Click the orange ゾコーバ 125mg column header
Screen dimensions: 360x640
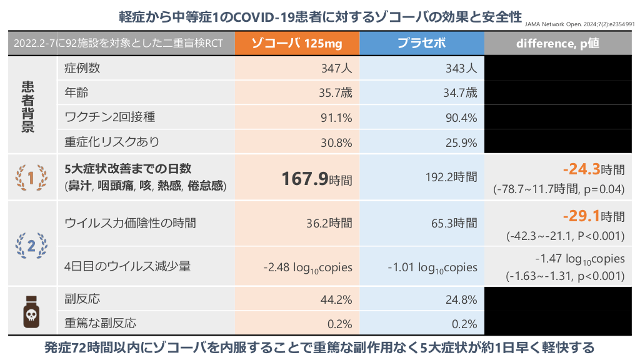click(297, 43)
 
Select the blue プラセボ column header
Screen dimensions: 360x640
click(422, 43)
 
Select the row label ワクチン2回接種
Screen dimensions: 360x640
click(101, 117)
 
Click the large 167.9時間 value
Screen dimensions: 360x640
click(316, 179)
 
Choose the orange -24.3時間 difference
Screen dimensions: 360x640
click(593, 169)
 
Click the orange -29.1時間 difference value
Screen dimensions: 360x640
click(593, 217)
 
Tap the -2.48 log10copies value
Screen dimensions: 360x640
click(307, 267)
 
